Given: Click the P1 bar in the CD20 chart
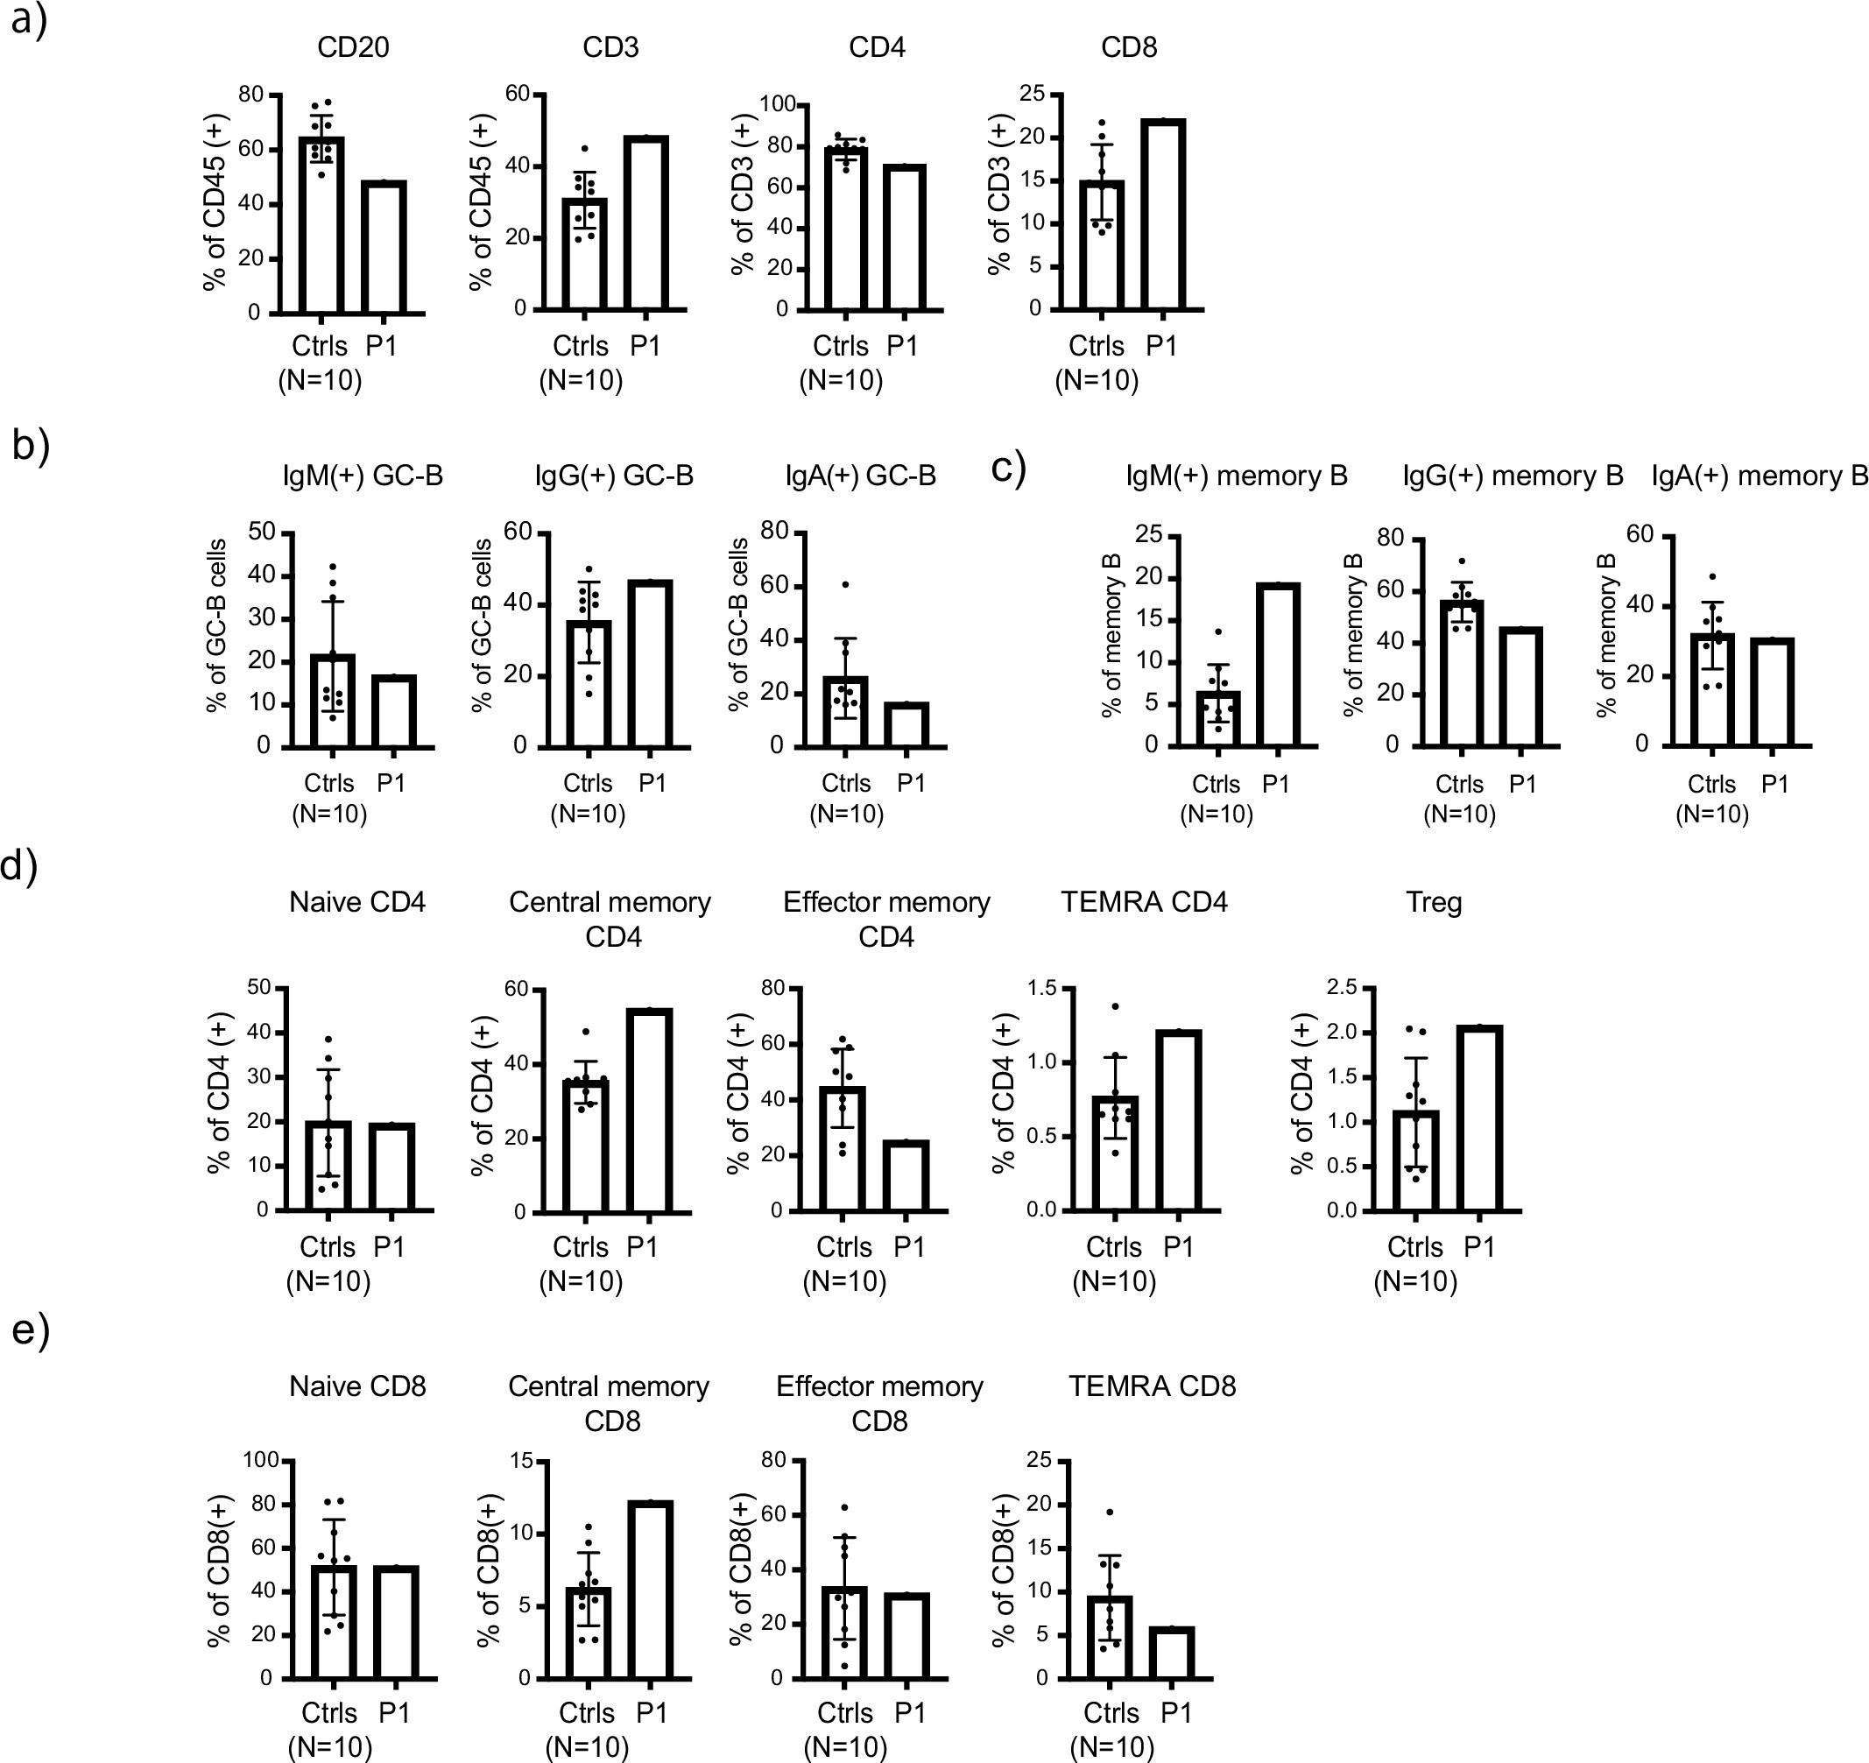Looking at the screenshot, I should point(384,246).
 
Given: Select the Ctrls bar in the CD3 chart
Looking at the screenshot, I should point(585,254).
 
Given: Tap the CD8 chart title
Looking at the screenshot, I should point(1128,48).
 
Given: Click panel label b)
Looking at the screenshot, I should point(30,445).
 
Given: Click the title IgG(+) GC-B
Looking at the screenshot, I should point(614,476).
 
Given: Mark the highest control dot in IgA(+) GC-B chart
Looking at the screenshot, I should point(845,585).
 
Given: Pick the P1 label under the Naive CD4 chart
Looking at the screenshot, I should point(389,1247).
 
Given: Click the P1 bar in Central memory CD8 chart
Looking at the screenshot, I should point(651,1589).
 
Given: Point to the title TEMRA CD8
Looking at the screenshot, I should point(1152,1386).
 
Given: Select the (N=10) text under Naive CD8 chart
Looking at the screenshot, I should point(329,1747).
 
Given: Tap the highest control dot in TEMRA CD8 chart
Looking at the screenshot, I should point(1110,1512).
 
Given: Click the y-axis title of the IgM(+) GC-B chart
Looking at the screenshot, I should point(217,624).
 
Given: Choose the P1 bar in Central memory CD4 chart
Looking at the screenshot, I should point(649,1111).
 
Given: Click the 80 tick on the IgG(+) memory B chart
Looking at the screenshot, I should point(1391,538).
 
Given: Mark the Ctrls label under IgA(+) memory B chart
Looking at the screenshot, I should point(1711,784).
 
